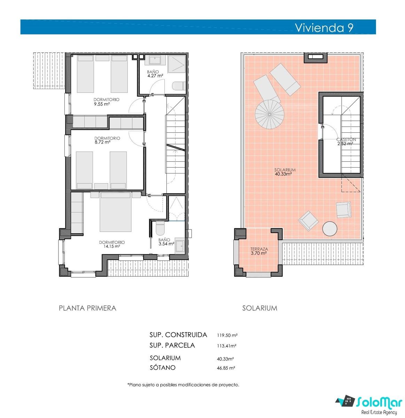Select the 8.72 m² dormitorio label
click(x=107, y=140)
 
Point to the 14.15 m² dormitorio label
click(x=112, y=244)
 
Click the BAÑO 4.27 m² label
click(x=155, y=74)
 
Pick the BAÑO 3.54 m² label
click(x=166, y=242)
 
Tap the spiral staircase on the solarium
click(x=270, y=114)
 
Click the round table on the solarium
click(x=330, y=229)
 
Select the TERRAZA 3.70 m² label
click(x=259, y=251)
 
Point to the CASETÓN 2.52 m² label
click(x=346, y=141)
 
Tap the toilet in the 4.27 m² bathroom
click(x=179, y=86)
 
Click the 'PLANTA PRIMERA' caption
click(x=87, y=308)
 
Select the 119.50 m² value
click(x=227, y=335)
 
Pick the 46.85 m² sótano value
click(x=226, y=368)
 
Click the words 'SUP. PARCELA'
click(x=172, y=345)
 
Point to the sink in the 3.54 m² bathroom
click(x=180, y=246)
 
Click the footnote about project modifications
click(x=183, y=385)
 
